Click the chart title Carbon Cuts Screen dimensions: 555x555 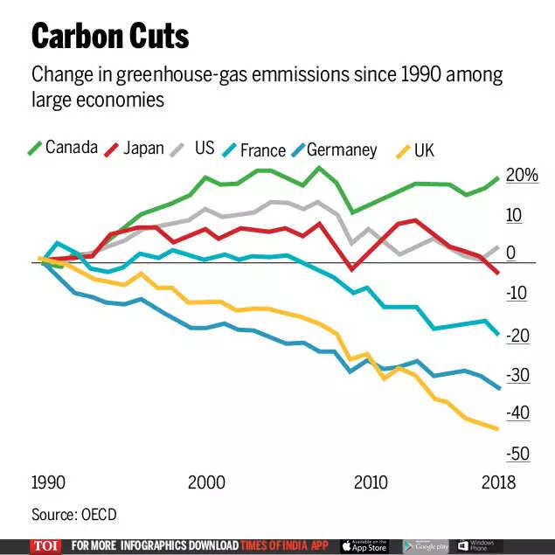coord(110,36)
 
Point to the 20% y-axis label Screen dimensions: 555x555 coord(522,176)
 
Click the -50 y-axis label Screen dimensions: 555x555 coord(517,454)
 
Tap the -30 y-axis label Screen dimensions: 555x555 coord(517,375)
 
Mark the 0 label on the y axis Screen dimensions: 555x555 coord(510,253)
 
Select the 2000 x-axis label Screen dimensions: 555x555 coord(205,482)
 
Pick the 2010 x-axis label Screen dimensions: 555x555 coord(371,482)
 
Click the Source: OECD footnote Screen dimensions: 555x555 coord(74,515)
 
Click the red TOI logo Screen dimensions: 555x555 coord(45,545)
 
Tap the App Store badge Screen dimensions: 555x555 coord(363,545)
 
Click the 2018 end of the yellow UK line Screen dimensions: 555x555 coord(498,428)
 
